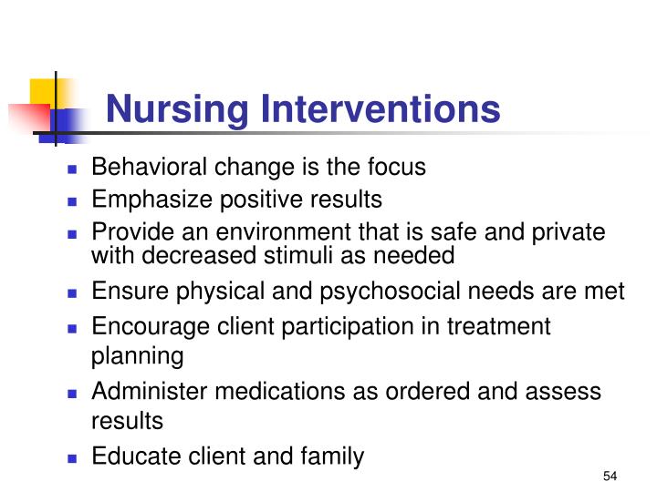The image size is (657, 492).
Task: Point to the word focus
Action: pyautogui.click(x=394, y=168)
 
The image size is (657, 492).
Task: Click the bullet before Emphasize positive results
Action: pyautogui.click(x=73, y=200)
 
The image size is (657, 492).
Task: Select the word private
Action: pyautogui.click(x=572, y=232)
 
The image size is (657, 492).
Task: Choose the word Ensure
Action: pyautogui.click(x=122, y=292)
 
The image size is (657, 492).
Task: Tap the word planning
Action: pyautogui.click(x=137, y=356)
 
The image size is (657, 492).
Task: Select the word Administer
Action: pyautogui.click(x=142, y=392)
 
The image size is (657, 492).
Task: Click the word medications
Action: pyautogui.click(x=263, y=392)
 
